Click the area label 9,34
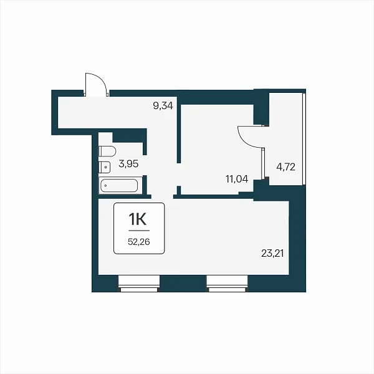coord(163,105)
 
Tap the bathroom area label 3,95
coord(128,164)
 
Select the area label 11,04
coord(237,179)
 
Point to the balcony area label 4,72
coord(285,166)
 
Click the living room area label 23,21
coord(272,253)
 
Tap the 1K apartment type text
coord(138,219)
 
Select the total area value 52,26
coord(139,242)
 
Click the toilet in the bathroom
coord(107,151)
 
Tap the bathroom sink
coord(105,167)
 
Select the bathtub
coord(119,186)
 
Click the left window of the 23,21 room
coord(139,284)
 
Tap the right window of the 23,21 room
coord(227,284)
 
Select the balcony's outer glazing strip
coord(304,139)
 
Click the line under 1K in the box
coord(139,231)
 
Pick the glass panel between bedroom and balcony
coord(263,163)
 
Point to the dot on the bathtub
coord(106,185)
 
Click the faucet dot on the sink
coord(105,167)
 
